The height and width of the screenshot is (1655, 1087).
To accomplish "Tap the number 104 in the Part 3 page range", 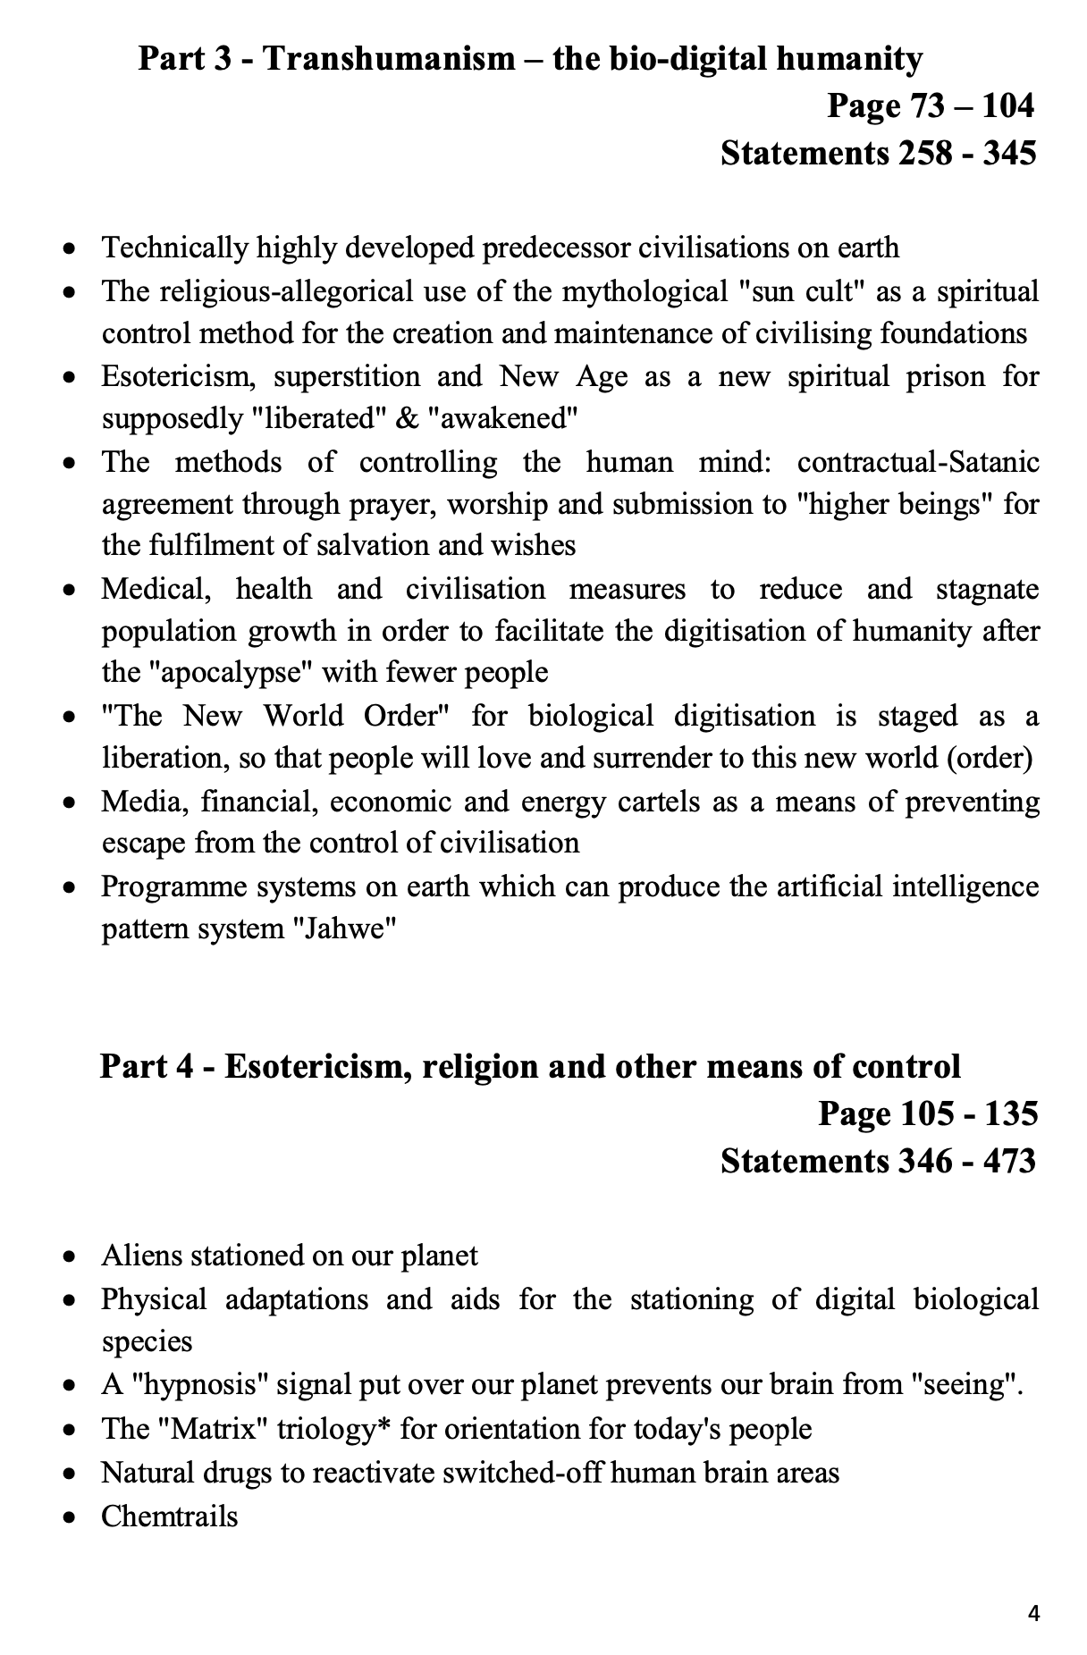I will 1007,106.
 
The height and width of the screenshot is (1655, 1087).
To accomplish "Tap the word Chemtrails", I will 170,1516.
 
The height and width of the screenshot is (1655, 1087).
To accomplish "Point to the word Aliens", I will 143,1256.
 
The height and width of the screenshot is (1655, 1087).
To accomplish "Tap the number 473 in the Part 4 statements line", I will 1009,1161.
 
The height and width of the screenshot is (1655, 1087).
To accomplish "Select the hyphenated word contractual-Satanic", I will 918,463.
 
